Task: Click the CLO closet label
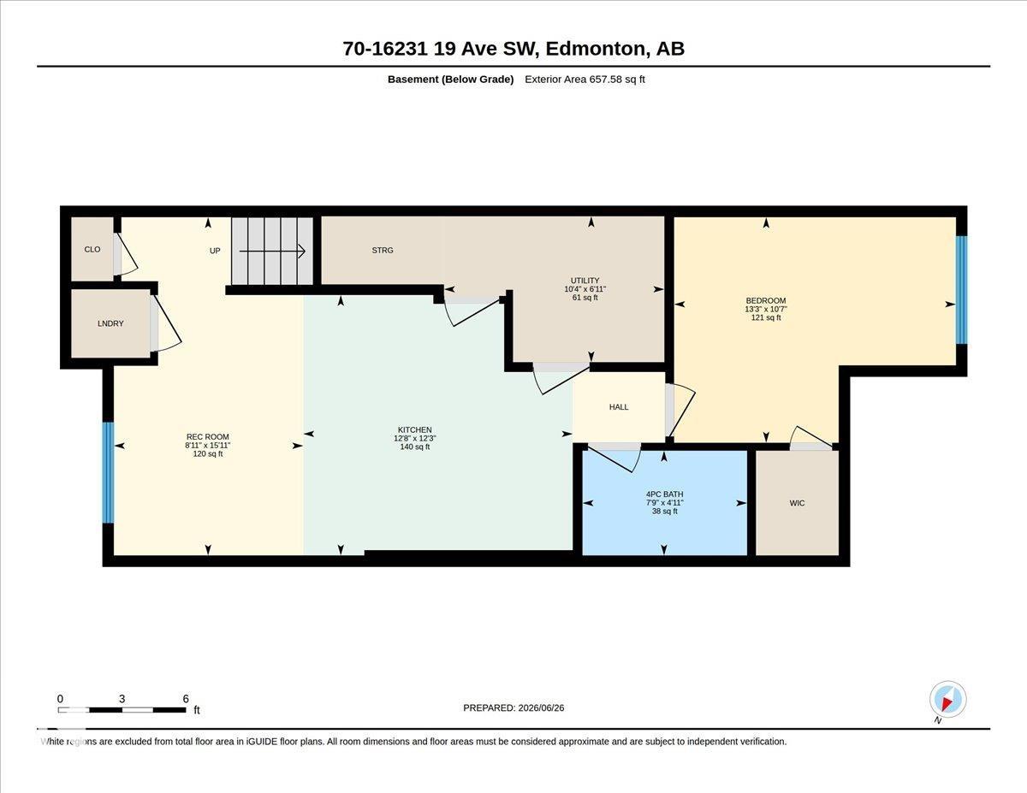pos(92,250)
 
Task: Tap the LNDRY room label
pos(110,323)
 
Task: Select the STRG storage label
pos(383,251)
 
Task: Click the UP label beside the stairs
pos(215,251)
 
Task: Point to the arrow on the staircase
pos(272,252)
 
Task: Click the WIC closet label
pos(797,504)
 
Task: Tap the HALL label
pos(619,407)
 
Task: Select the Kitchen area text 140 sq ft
pos(415,447)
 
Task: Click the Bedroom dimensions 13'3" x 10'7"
pos(766,310)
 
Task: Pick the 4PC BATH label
pos(664,494)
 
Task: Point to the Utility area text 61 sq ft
pos(585,298)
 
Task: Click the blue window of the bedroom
pos(961,289)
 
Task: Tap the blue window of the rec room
pos(108,472)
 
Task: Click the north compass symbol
pos(947,700)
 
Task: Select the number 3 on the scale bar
pos(122,699)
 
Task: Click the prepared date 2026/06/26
pos(541,708)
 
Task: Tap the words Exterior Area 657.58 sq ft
pos(585,80)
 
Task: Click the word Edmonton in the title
pos(596,49)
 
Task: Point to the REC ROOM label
pos(207,437)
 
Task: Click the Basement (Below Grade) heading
pos(450,80)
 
